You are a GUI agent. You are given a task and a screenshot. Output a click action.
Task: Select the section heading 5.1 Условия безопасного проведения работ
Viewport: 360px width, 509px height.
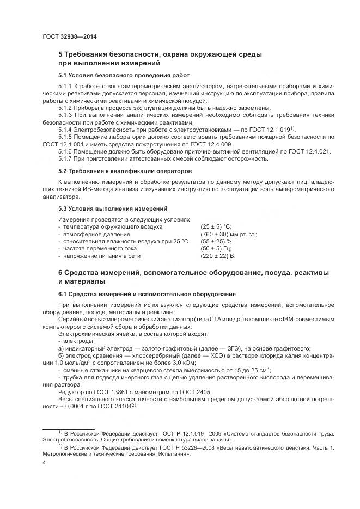tap(124, 75)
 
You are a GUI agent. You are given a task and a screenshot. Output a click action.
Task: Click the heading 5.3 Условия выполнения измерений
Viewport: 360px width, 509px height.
tap(113, 208)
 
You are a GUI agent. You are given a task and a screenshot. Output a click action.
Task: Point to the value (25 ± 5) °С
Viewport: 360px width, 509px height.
tap(216, 225)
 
